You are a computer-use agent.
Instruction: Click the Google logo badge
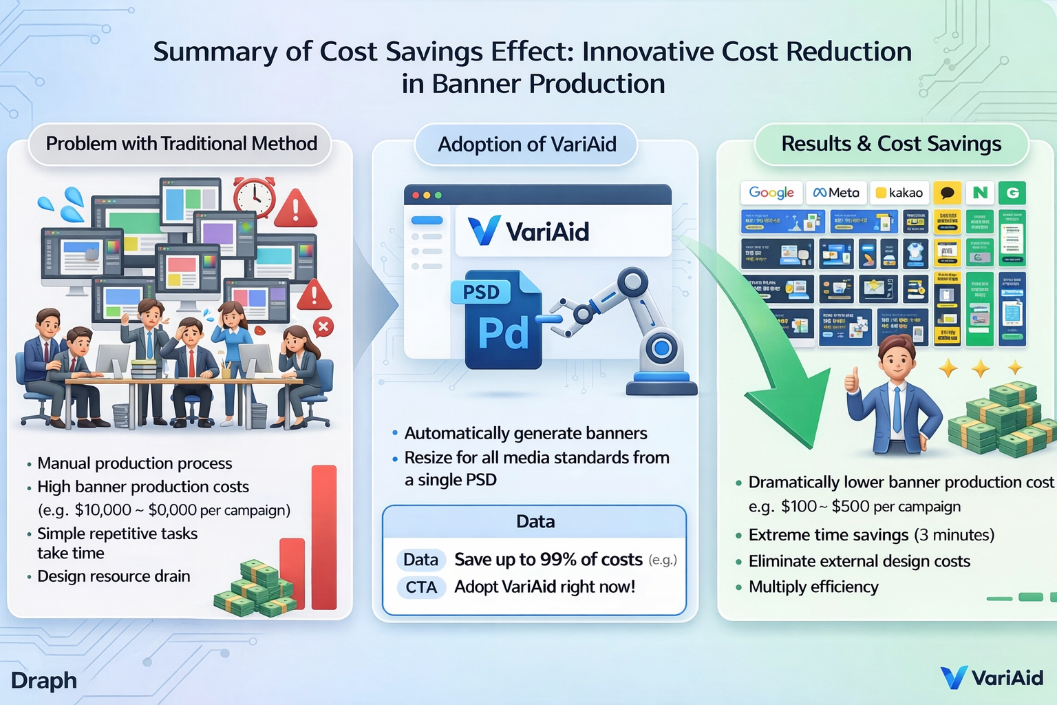point(771,193)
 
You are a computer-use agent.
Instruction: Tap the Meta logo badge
point(836,193)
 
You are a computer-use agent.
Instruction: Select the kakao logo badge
point(899,193)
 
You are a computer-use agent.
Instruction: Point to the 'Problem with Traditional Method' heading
point(181,144)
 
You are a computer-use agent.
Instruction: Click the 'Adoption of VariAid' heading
point(526,145)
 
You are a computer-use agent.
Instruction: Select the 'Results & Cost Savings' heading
point(891,144)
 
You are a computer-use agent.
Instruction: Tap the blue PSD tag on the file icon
point(481,292)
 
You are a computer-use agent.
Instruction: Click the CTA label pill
point(421,587)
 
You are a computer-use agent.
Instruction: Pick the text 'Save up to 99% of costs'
point(548,560)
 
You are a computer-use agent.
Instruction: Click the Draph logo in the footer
point(44,680)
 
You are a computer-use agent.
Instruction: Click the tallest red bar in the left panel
point(324,537)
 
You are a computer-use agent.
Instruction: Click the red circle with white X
point(323,327)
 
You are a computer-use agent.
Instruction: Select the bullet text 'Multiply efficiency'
point(813,587)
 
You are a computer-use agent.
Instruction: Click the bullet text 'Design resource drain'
point(114,576)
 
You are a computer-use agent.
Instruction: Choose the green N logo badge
point(980,193)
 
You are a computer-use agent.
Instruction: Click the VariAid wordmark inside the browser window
point(547,232)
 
